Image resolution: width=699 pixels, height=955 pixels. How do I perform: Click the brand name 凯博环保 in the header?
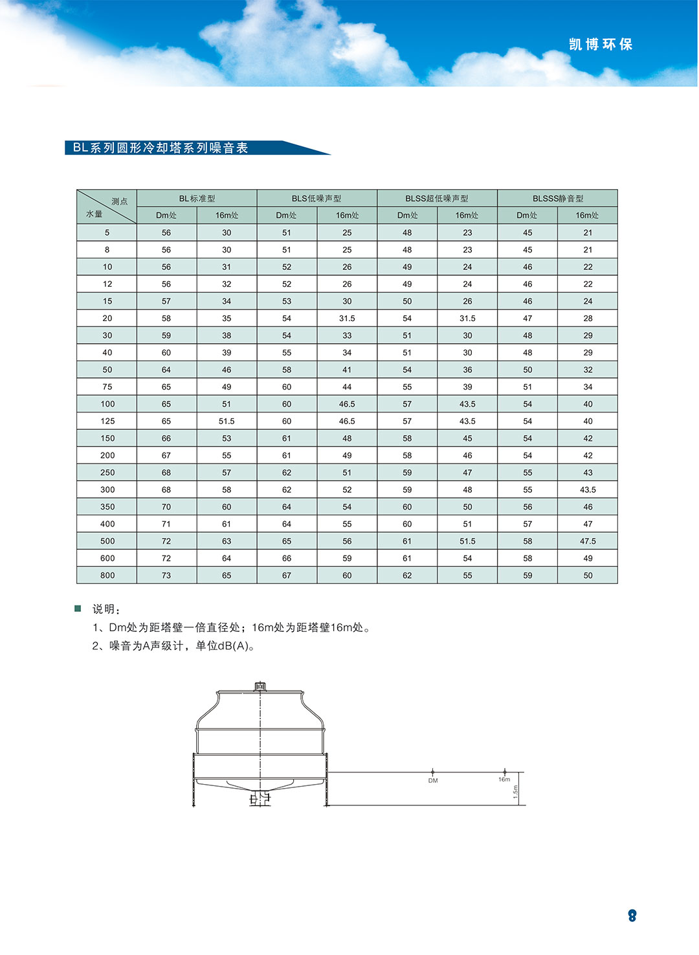tap(600, 44)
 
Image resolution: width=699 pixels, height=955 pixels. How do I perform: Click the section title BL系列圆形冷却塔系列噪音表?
tap(161, 148)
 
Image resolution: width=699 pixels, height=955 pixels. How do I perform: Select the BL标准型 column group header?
tap(197, 198)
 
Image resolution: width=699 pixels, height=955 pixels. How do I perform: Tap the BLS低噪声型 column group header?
tap(316, 198)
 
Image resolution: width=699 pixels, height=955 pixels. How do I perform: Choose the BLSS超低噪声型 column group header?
tap(437, 198)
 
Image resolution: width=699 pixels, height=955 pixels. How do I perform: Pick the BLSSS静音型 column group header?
tap(558, 198)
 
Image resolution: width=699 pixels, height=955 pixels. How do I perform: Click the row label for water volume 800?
tap(107, 575)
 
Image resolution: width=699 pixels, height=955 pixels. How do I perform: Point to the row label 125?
tap(107, 421)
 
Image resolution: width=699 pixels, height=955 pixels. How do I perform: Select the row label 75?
tap(107, 387)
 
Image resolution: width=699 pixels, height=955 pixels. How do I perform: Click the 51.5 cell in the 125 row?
tap(227, 421)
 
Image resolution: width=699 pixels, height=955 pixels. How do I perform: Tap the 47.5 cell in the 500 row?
tap(588, 541)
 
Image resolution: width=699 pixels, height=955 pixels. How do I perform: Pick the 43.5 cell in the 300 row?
tap(588, 489)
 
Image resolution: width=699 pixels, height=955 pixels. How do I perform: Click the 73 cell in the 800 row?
tap(166, 575)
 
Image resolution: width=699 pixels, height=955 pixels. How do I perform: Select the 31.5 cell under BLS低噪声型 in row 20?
tap(347, 318)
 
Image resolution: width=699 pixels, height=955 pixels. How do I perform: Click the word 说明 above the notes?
tap(104, 609)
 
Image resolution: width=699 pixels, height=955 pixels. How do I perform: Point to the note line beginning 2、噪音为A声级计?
tap(173, 646)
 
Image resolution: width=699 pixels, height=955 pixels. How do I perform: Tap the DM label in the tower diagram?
tap(433, 780)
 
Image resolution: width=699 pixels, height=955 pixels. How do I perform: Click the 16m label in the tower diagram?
tap(504, 780)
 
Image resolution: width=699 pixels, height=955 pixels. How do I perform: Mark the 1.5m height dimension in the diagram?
tap(516, 791)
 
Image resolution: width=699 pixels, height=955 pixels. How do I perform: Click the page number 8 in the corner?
tap(632, 916)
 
